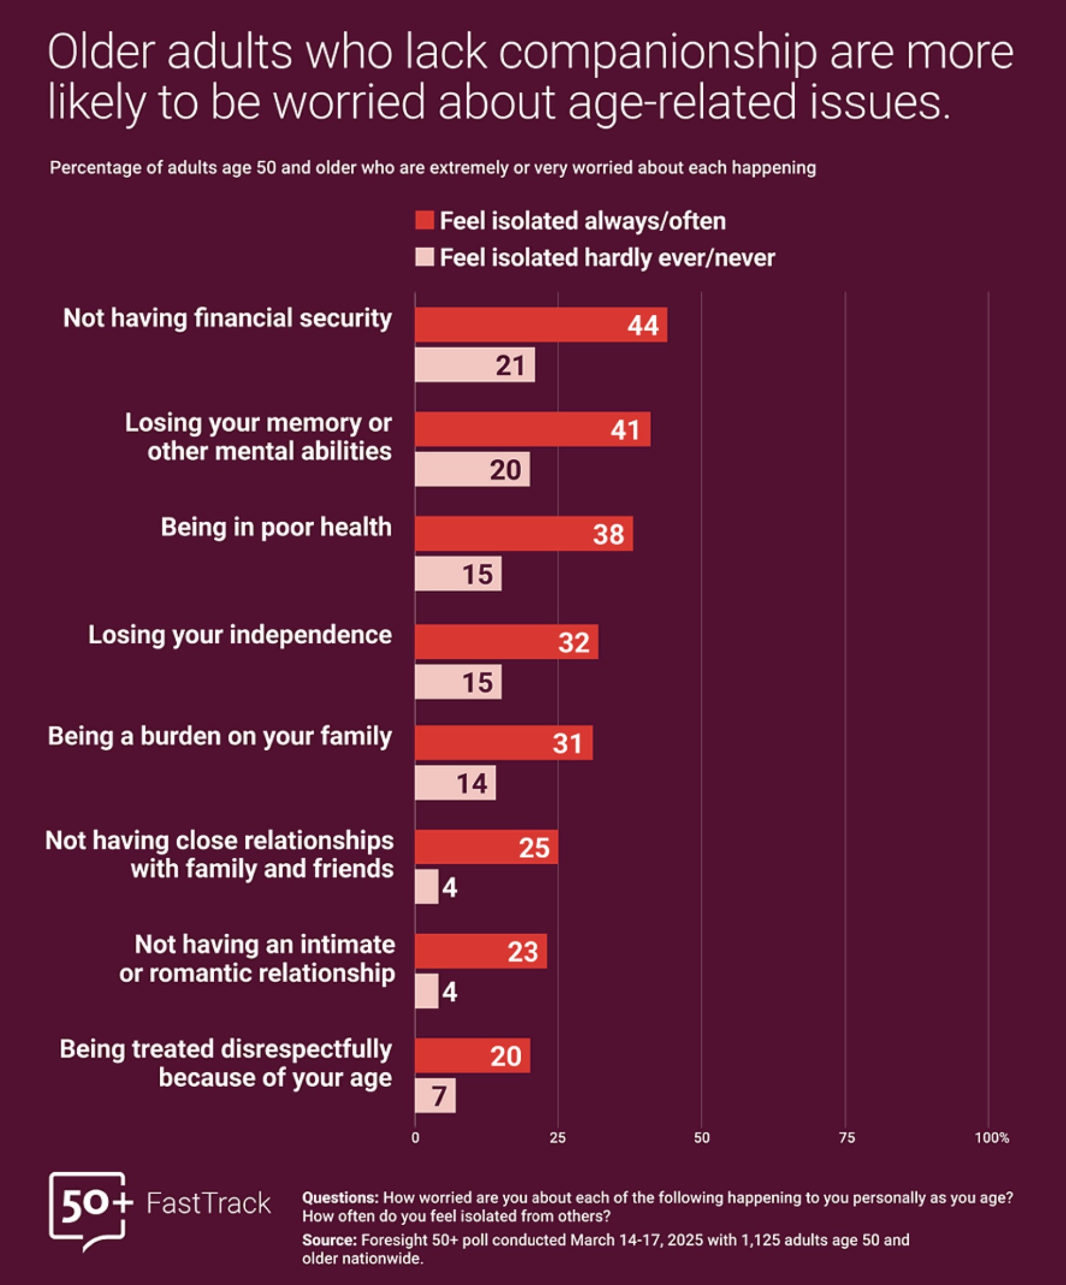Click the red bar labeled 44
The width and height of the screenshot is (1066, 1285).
pos(541,324)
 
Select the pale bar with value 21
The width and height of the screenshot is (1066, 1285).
pos(475,365)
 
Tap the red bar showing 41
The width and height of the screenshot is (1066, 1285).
pos(532,429)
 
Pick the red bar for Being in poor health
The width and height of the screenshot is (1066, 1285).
pos(524,533)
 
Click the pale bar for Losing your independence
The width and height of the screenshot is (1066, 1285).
pos(459,682)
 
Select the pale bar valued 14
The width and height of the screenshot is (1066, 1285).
pos(455,783)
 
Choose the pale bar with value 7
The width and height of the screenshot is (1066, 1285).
pos(435,1096)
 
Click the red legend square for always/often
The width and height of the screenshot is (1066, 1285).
pos(424,220)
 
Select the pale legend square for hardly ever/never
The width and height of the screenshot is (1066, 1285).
pos(424,257)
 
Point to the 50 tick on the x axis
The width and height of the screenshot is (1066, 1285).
pos(702,1137)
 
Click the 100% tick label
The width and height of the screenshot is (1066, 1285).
pos(992,1137)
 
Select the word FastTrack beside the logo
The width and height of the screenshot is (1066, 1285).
pos(208,1203)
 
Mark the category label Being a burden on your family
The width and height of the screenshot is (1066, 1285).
pos(220,736)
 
